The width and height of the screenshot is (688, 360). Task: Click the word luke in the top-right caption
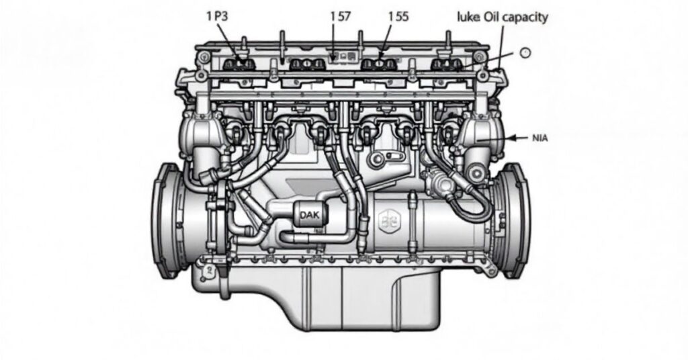[x=468, y=17]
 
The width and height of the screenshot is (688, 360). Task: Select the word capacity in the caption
[x=527, y=17]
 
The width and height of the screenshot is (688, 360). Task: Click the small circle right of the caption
[x=525, y=53]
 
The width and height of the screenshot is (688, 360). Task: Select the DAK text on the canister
[x=310, y=215]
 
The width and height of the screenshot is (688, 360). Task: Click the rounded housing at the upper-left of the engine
[x=198, y=134]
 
